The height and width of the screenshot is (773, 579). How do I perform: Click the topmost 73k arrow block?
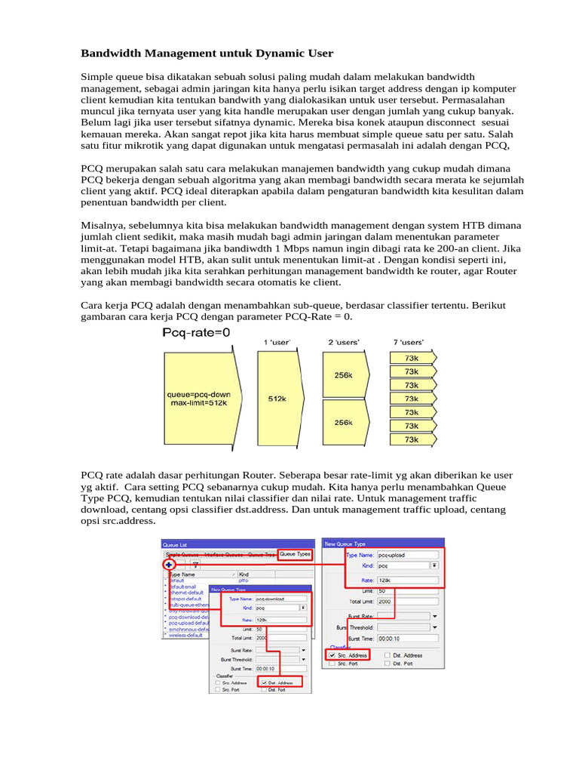411,358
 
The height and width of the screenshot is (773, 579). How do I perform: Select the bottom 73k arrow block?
411,439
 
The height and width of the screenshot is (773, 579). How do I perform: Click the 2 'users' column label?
344,343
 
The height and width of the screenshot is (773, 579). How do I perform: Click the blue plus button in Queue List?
169,564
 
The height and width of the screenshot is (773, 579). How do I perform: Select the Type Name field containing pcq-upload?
407,553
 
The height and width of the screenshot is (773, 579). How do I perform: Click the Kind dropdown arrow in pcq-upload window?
434,565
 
